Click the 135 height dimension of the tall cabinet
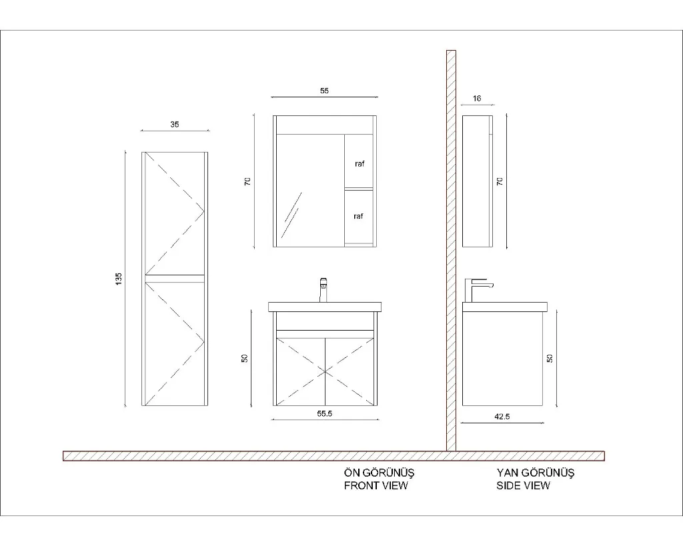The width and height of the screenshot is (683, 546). click(119, 279)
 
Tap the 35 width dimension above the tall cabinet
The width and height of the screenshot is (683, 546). click(174, 125)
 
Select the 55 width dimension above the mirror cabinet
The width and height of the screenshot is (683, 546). click(324, 91)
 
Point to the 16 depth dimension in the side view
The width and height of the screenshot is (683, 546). click(477, 99)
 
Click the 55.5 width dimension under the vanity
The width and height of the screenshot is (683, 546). click(325, 413)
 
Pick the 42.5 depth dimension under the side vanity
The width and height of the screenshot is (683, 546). click(502, 417)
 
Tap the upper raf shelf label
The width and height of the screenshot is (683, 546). click(360, 164)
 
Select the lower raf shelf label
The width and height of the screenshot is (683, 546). click(358, 216)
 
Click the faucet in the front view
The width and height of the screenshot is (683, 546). click(323, 290)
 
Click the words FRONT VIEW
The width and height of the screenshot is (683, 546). click(376, 485)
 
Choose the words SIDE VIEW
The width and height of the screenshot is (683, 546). click(523, 485)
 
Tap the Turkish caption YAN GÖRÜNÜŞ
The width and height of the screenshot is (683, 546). click(536, 473)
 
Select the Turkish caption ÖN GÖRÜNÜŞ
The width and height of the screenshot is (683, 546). click(379, 473)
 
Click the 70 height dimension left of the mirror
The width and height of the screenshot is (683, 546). click(247, 181)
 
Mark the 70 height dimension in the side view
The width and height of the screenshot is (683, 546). click(500, 181)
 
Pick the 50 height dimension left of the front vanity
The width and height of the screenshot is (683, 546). click(245, 359)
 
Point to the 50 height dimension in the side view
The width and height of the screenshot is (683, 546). click(550, 359)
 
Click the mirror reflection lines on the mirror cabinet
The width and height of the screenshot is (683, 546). click(291, 215)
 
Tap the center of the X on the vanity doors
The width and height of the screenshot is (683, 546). click(325, 372)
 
